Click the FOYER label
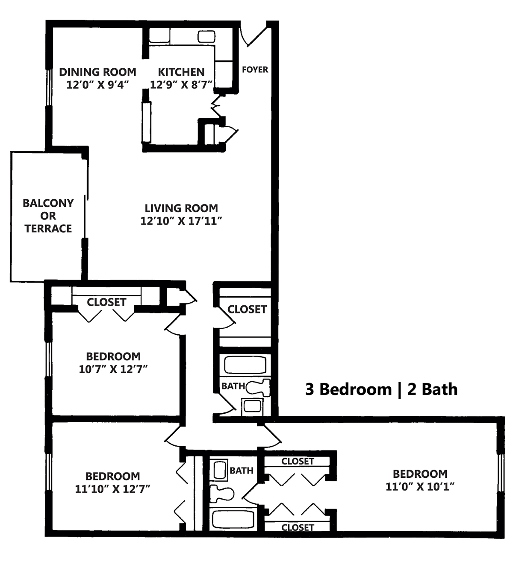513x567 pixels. (x=255, y=70)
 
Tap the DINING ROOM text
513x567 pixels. (x=97, y=72)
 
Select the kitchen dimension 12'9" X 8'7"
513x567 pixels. (x=181, y=85)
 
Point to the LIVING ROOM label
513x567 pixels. (x=181, y=208)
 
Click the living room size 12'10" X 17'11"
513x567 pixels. (x=181, y=221)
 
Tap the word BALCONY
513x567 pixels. (x=48, y=203)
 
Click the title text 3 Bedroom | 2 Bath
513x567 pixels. (x=381, y=389)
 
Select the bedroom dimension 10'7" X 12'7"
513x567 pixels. (x=113, y=369)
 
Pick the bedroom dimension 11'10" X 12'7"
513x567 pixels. (x=113, y=489)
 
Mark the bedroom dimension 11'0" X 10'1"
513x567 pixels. (x=420, y=486)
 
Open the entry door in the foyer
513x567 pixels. (x=255, y=36)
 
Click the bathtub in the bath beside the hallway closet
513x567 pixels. (x=245, y=365)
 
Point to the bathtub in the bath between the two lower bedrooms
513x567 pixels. (x=233, y=519)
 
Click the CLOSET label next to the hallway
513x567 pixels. (x=247, y=309)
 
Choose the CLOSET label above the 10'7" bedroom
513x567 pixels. (x=106, y=302)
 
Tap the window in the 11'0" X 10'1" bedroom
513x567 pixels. (x=501, y=472)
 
